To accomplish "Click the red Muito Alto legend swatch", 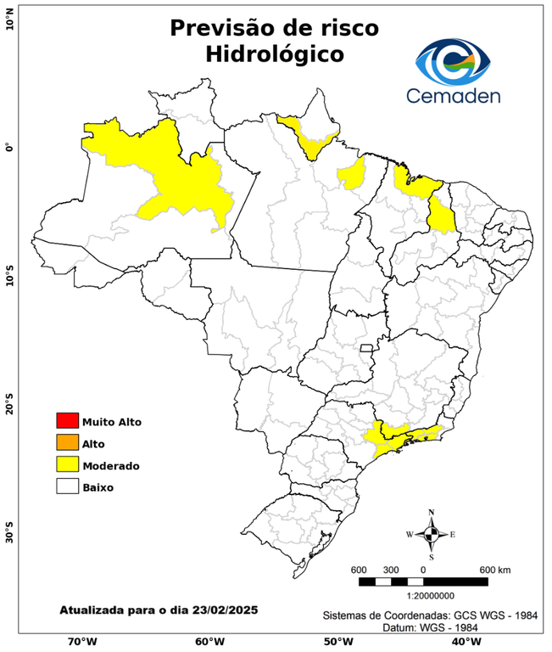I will (66, 421).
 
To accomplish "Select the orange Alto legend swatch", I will (66, 443).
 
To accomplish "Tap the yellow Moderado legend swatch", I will (66, 465).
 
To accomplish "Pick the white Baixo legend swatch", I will (66, 487).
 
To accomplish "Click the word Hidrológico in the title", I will (274, 54).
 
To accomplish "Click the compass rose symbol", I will (432, 534).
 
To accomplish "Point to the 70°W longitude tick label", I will (81, 642).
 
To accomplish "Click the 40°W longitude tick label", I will (464, 642).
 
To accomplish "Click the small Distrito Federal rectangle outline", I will (367, 348).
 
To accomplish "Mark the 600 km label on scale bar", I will (494, 569).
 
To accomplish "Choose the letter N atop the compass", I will (432, 512).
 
